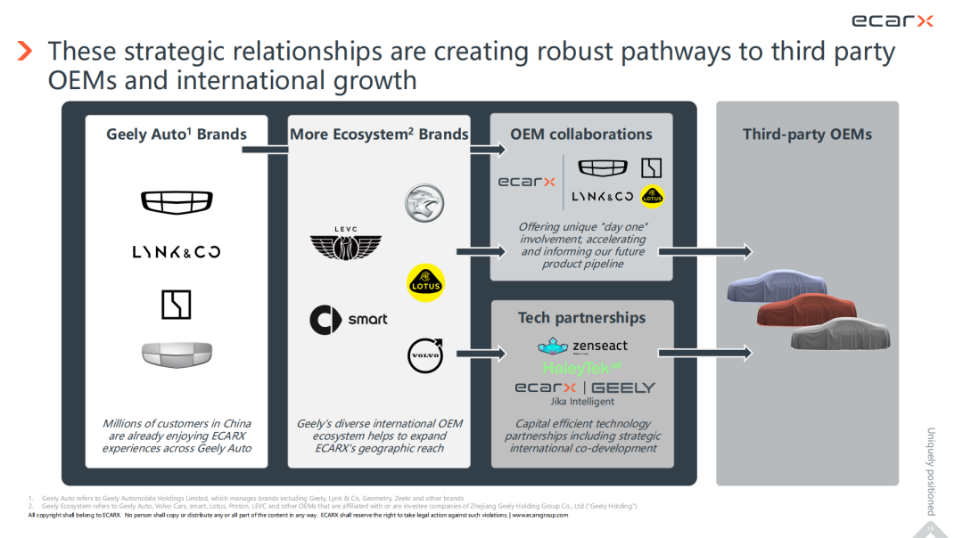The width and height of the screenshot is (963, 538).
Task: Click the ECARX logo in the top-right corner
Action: coord(892,20)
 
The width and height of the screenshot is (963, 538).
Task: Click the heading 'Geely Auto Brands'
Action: coord(177,134)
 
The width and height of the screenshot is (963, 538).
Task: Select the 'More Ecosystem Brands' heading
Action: coord(379,134)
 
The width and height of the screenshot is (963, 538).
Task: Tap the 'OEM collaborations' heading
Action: coord(581,134)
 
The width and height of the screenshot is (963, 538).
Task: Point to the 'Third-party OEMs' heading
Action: coord(807,134)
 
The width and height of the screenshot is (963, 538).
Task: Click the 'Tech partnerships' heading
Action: coord(581,318)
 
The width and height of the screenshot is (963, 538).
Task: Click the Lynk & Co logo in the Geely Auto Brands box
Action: coord(177,252)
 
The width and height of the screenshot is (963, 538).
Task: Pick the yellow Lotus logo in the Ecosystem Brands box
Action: coord(424,281)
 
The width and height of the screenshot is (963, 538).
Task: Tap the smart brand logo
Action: coord(348,319)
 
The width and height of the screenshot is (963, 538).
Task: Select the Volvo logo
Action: coord(424,355)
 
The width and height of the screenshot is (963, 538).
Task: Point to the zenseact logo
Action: coord(582,346)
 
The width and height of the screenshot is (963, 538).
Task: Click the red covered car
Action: coord(806,309)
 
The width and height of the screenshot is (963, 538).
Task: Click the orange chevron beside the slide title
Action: coord(25,51)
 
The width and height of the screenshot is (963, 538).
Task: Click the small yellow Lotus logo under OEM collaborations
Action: coord(652,195)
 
